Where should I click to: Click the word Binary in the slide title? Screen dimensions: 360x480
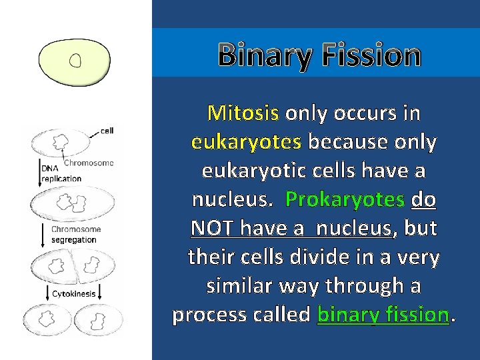[x=263, y=55]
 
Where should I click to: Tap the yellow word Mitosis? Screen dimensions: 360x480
[x=243, y=113]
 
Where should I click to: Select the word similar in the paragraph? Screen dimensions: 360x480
[x=241, y=285]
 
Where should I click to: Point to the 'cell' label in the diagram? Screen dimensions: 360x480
[x=107, y=131]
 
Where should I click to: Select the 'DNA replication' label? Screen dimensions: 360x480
[x=61, y=174]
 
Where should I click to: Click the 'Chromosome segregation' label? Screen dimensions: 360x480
[x=76, y=234]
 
